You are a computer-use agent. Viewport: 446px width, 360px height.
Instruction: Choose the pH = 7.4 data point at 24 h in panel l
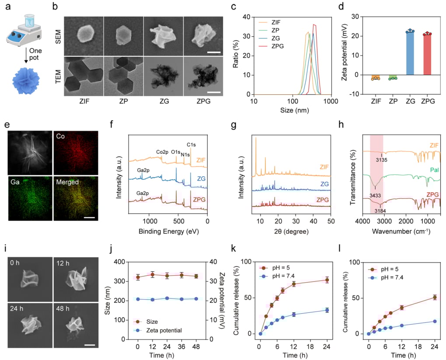[434, 321]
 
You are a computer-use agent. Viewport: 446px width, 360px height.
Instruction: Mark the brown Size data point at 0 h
[138, 277]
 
